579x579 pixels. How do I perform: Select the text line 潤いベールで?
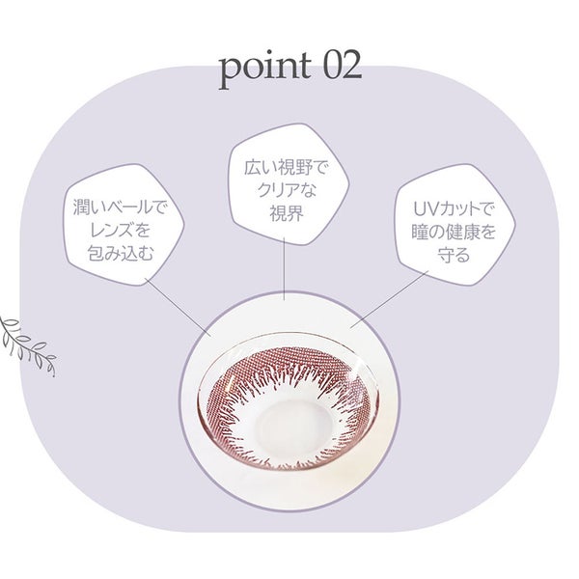click(x=120, y=207)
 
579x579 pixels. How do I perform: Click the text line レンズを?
click(x=120, y=231)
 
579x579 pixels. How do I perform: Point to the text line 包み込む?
click(x=120, y=253)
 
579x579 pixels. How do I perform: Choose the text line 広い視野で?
click(x=287, y=168)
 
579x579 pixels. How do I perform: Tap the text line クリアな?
click(x=287, y=191)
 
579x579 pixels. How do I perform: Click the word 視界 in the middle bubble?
click(x=287, y=213)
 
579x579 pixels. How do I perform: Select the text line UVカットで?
click(x=454, y=210)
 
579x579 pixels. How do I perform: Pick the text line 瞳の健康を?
click(x=454, y=233)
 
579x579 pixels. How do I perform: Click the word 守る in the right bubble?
click(x=454, y=256)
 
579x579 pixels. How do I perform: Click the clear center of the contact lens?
click(x=288, y=422)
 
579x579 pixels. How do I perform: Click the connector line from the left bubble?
click(x=179, y=307)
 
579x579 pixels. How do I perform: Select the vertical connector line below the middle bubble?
click(x=284, y=268)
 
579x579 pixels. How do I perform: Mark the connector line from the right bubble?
click(x=389, y=298)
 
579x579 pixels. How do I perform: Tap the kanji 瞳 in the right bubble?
click(x=420, y=233)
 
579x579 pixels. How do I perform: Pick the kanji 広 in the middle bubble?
click(x=253, y=168)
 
